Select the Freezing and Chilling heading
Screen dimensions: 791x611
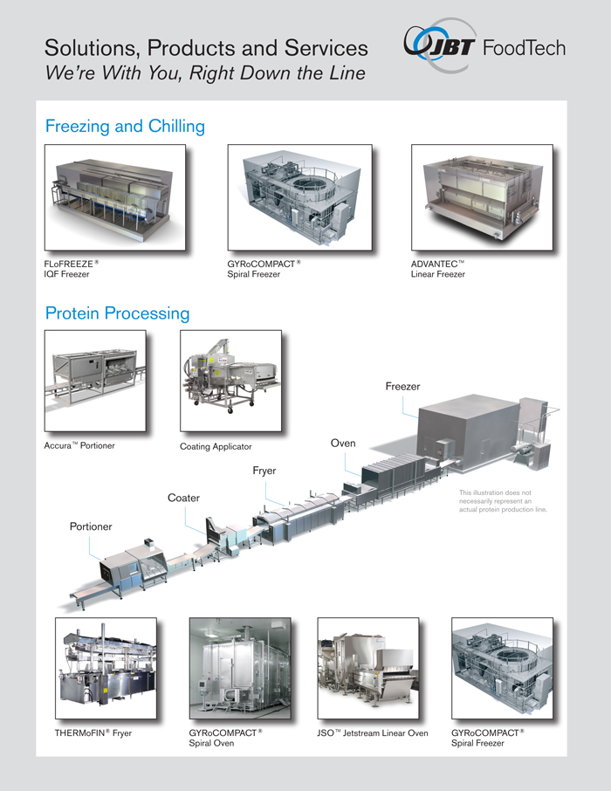pyautogui.click(x=125, y=127)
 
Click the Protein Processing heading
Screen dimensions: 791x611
pyautogui.click(x=117, y=313)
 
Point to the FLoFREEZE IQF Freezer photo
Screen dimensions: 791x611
pyautogui.click(x=114, y=197)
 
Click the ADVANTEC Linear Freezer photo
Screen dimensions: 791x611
pyautogui.click(x=482, y=197)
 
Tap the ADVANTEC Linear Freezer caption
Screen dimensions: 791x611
pyautogui.click(x=438, y=268)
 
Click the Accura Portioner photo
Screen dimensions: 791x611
pyautogui.click(x=94, y=380)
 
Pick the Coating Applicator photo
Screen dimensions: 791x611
pyautogui.click(x=230, y=380)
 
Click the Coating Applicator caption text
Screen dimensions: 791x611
pyautogui.click(x=216, y=447)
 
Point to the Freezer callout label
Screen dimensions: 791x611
pyautogui.click(x=402, y=386)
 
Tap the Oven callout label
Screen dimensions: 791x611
pyautogui.click(x=343, y=444)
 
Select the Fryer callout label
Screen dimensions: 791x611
pyautogui.click(x=264, y=471)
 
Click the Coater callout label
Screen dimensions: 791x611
pyautogui.click(x=183, y=498)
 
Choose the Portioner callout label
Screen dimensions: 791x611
pyautogui.click(x=91, y=526)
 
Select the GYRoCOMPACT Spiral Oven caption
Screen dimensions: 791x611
pyautogui.click(x=226, y=739)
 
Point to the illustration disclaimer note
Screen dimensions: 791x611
pyautogui.click(x=504, y=501)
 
